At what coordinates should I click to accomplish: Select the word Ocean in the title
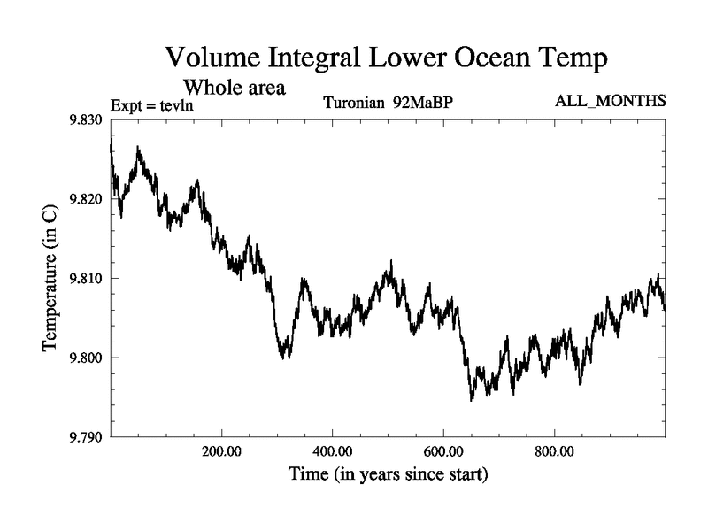coord(496,59)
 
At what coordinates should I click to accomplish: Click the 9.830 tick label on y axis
coord(85,119)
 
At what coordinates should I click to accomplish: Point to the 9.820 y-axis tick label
coord(85,199)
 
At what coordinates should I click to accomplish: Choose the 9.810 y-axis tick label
coord(85,279)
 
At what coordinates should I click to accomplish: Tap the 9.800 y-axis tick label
coord(85,358)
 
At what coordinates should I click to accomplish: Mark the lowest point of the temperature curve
coord(472,400)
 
